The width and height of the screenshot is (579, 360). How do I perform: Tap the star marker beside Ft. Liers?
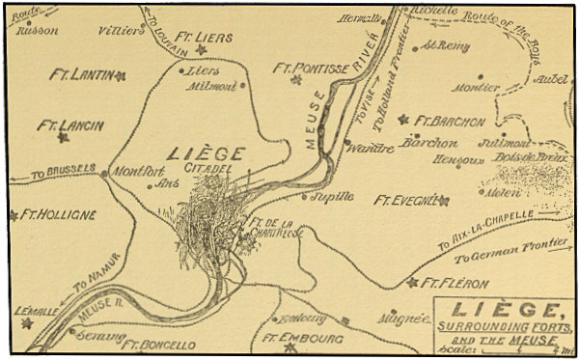[x=202, y=49]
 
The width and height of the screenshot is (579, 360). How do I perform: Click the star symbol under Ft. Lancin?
[x=64, y=138]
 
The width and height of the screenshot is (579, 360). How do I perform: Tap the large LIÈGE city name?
[x=206, y=153]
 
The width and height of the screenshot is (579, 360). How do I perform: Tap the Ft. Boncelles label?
[x=159, y=345]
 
